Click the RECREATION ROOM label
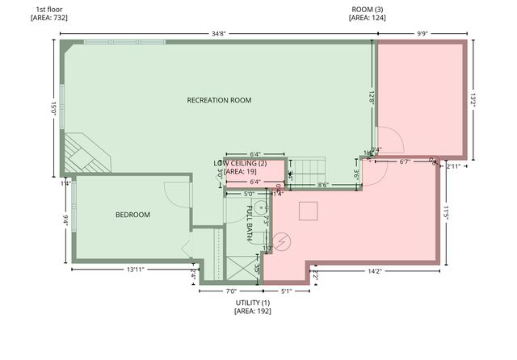[219, 101]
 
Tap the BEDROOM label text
[132, 215]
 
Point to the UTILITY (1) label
[253, 302]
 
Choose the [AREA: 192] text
[253, 311]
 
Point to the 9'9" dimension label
[422, 35]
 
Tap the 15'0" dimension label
[54, 107]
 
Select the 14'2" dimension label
[374, 271]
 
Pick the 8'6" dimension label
[322, 186]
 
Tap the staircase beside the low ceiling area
[308, 169]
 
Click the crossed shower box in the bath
[240, 267]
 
